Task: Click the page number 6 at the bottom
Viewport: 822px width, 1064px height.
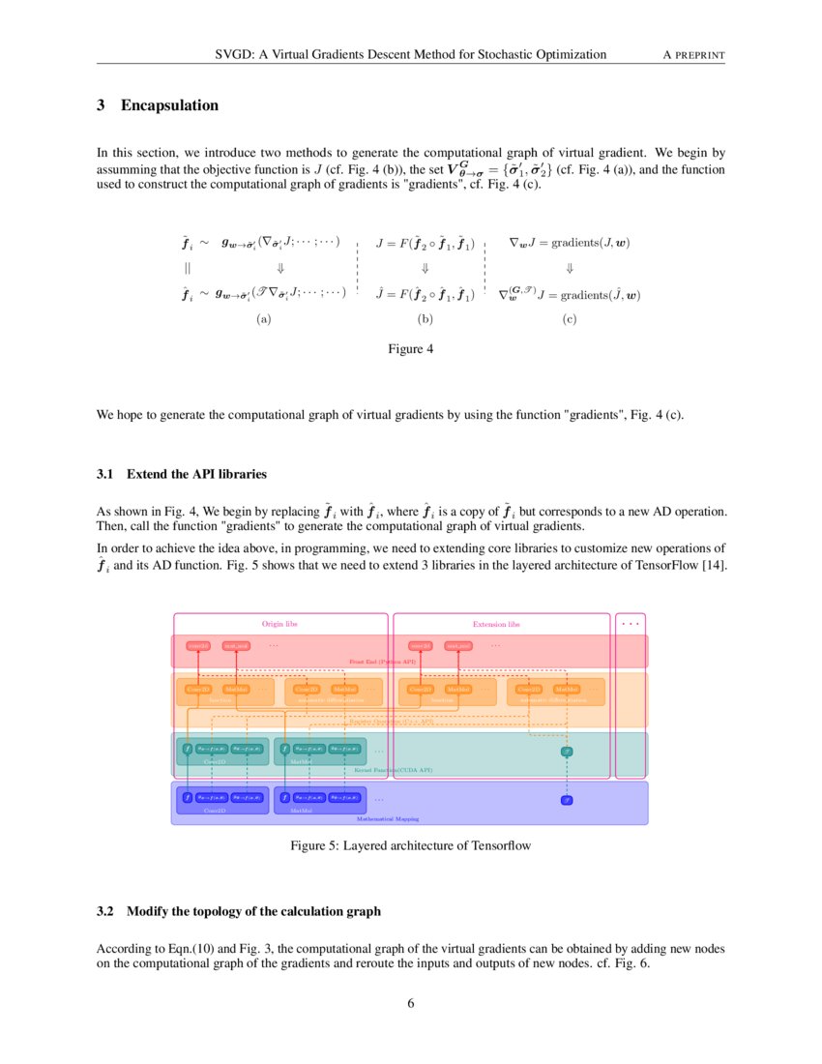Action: (x=411, y=1003)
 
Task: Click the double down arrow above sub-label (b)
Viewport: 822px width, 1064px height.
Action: (x=424, y=268)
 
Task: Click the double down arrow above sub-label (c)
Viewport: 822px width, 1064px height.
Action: (x=570, y=268)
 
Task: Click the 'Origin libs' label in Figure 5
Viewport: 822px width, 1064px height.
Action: (x=279, y=624)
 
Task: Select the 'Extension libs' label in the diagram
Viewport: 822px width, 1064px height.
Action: (x=496, y=624)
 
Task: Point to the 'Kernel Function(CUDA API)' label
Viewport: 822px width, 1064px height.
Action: (x=394, y=770)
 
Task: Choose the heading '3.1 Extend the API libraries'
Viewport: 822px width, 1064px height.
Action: (x=182, y=475)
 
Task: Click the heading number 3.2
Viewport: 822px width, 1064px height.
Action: (x=105, y=911)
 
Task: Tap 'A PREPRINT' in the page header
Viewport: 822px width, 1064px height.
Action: (x=693, y=54)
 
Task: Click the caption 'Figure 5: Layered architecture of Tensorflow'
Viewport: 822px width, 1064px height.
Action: (x=411, y=845)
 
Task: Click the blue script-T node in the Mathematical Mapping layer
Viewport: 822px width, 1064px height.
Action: (x=568, y=800)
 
